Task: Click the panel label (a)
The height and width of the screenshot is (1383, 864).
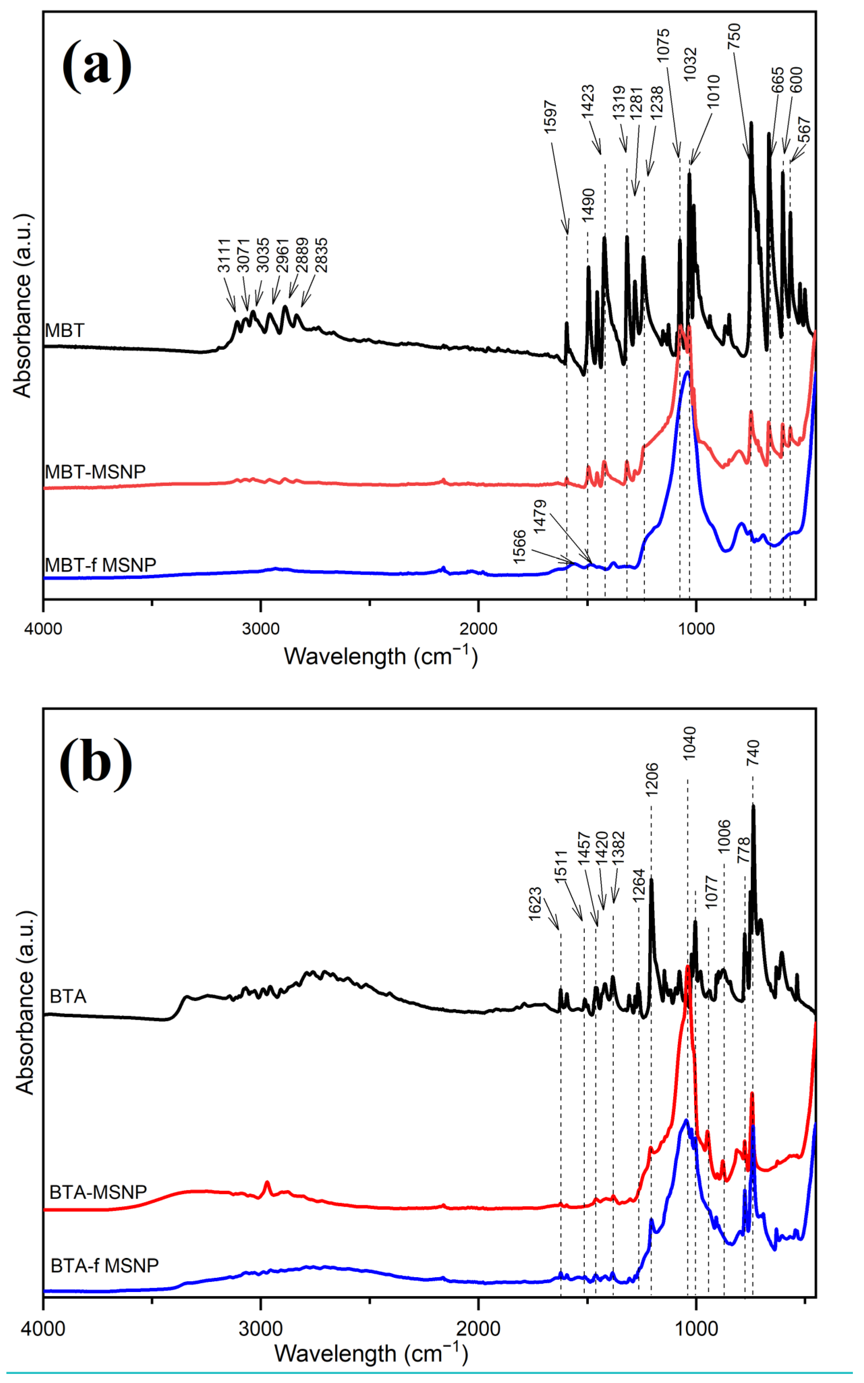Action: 97,66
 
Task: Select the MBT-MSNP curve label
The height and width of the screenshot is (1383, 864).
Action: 95,472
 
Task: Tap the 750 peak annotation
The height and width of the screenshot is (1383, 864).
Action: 734,36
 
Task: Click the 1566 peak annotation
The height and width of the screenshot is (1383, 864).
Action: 519,546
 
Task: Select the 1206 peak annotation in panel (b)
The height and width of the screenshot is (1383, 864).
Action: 652,779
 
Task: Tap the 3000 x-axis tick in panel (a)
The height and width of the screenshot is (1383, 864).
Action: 261,629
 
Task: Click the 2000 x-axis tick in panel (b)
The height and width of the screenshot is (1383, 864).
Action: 478,1329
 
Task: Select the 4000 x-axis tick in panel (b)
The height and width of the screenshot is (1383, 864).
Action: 43,1329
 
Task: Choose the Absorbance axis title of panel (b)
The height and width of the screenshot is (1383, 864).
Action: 24,1003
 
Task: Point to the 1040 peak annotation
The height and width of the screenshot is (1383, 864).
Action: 689,742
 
